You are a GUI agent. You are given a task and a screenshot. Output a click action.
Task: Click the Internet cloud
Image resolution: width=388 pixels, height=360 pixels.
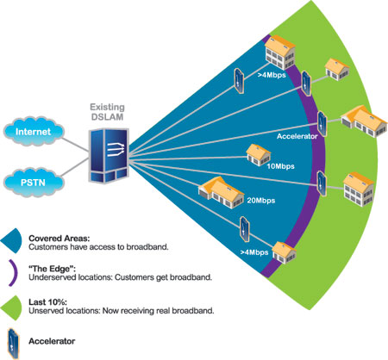point(34,131)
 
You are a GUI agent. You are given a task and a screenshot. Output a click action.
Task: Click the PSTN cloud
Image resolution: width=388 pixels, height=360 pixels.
point(34,183)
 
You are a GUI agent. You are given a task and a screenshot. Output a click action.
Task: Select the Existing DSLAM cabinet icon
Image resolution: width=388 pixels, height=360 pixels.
point(109,155)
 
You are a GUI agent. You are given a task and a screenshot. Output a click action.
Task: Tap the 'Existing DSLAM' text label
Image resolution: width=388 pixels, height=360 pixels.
point(107,112)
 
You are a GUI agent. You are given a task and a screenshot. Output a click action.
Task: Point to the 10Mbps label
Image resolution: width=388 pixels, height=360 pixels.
point(280,166)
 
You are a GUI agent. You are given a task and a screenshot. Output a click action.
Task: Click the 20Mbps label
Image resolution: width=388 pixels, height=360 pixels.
point(261,201)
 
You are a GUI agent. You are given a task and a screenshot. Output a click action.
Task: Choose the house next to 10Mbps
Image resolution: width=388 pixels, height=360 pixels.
point(259,155)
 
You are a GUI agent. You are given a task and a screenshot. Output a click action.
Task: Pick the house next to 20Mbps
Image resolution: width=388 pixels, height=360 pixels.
point(221,192)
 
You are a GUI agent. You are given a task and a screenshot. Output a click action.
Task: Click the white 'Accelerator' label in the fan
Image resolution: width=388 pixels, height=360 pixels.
point(297,136)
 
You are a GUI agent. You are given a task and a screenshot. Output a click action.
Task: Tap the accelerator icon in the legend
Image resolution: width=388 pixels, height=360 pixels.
point(13,343)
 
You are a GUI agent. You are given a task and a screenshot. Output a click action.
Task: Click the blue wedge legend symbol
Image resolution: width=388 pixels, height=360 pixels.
point(11,240)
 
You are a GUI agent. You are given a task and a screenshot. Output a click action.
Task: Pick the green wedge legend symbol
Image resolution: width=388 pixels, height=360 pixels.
point(11,307)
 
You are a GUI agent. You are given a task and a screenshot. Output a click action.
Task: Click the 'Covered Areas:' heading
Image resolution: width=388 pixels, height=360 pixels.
point(59,239)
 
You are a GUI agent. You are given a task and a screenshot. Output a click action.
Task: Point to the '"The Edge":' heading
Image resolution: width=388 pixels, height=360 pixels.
point(53,269)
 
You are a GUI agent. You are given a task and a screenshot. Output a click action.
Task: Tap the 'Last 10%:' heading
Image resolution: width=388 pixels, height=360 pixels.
point(47,302)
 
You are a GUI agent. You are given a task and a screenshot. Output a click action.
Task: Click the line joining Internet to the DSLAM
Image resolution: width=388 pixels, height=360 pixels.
point(75,145)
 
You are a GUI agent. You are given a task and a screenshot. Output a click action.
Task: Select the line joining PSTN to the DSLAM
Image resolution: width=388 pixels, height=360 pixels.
point(75,167)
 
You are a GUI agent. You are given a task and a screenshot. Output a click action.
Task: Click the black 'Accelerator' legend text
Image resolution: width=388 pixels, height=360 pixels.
point(52,341)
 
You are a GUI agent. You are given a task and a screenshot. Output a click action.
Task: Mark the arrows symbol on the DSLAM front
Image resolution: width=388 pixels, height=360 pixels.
point(116,149)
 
